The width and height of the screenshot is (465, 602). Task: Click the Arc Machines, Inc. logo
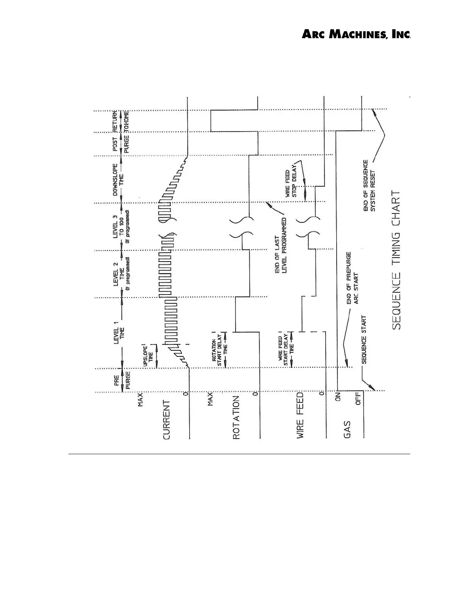point(356,35)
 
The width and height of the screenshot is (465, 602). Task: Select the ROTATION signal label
point(236,418)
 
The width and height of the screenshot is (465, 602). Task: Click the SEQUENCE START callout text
point(364,340)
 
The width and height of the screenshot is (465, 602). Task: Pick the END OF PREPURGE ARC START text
point(352,278)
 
